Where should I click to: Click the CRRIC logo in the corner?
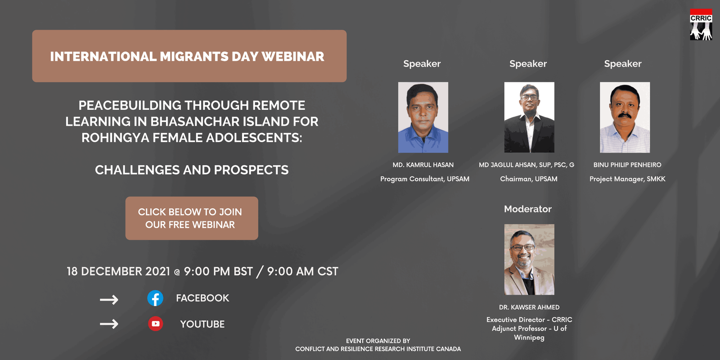pos(701,24)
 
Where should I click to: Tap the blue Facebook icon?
pos(155,298)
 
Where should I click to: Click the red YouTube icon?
pos(156,324)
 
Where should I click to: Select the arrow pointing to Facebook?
pos(109,300)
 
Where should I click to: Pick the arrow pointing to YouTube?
pos(109,324)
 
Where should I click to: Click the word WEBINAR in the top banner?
pos(293,57)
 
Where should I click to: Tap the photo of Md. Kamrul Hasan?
pos(423,117)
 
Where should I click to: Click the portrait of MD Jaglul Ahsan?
pos(529,117)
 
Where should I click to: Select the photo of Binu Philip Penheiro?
pos(625,117)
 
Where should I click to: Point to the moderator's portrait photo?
pos(529,259)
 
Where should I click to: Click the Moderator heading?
pos(528,209)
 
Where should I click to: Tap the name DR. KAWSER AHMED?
pos(529,307)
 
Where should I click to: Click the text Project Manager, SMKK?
pos(627,179)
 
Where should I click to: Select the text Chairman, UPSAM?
pos(529,179)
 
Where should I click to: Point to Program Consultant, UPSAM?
pos(425,179)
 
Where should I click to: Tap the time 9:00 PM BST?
pos(218,271)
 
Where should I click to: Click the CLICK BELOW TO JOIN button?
pos(192,218)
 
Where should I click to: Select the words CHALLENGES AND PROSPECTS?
pos(192,170)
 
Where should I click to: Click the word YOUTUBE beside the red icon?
pos(202,324)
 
